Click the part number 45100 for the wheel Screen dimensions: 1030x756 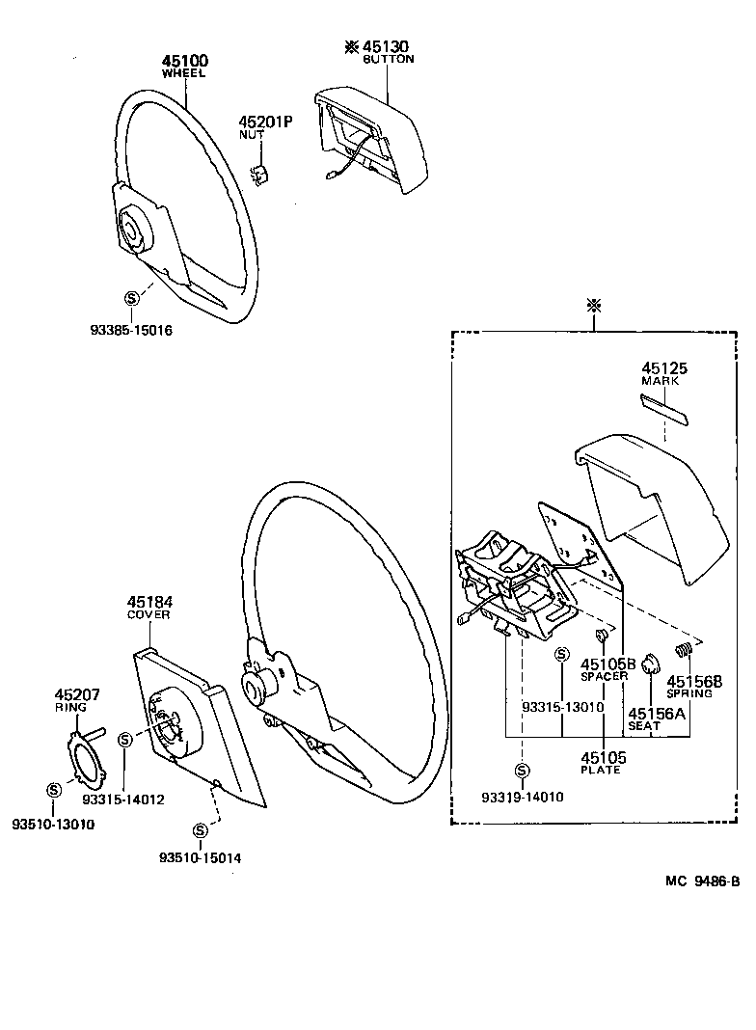point(184,61)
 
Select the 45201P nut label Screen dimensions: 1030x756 point(264,122)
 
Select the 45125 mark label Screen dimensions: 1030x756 point(661,368)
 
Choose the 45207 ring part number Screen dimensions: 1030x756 point(77,694)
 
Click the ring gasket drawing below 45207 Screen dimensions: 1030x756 point(86,757)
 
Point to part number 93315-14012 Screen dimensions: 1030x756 point(123,799)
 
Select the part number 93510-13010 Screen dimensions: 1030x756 point(53,823)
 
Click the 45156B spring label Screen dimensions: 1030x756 point(689,680)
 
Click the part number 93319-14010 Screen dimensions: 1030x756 point(522,798)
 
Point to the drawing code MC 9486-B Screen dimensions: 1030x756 point(701,881)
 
